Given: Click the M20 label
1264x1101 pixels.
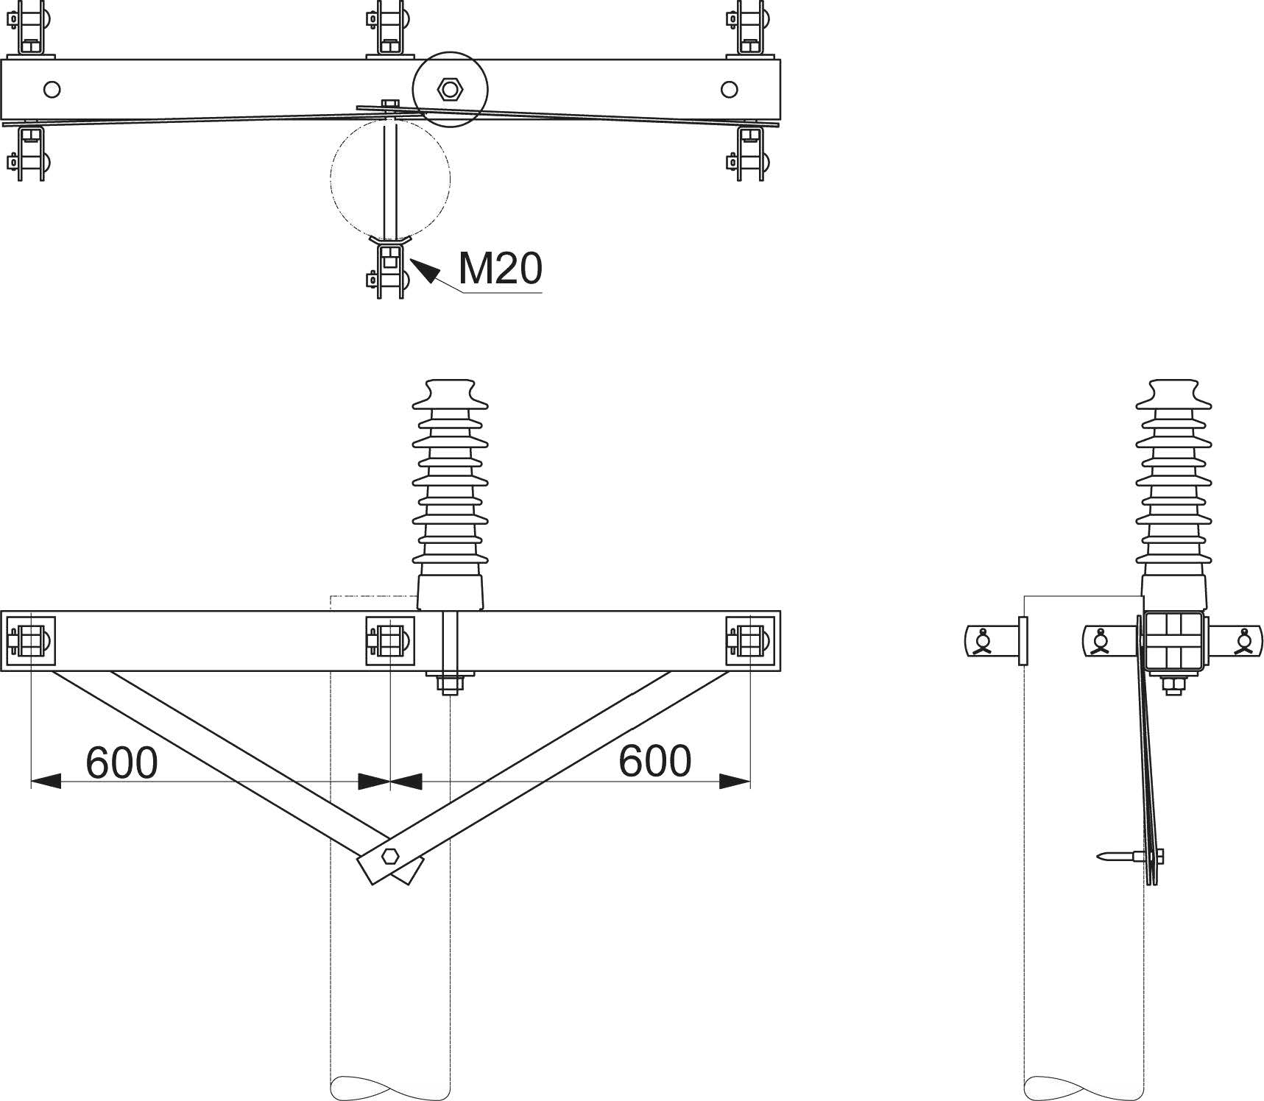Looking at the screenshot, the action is coord(501,268).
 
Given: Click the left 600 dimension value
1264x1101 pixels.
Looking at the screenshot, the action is coord(122,762).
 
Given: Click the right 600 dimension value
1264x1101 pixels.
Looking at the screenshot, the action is coord(655,760).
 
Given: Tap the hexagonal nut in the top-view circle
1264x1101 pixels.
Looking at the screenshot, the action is coord(449,90).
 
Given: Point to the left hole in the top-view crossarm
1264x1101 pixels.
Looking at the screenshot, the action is coord(52,90).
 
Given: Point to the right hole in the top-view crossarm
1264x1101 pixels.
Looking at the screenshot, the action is coord(730,90).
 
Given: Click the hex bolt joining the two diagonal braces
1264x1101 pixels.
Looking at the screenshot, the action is coord(390,856).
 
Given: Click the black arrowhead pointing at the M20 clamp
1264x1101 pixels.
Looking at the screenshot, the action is coord(426,270).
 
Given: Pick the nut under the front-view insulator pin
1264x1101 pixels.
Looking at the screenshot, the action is coord(450,685).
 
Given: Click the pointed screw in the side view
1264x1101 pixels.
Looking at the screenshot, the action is coord(1129,856).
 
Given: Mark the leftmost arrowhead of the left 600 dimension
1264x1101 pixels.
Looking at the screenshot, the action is coord(46,781).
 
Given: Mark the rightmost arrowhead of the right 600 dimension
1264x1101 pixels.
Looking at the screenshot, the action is coord(735,781).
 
